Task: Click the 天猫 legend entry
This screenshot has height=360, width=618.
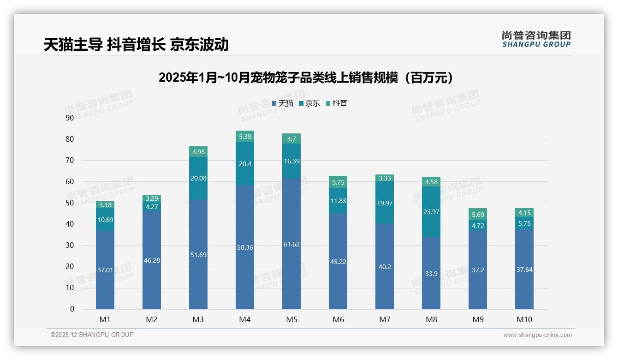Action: pos(283,103)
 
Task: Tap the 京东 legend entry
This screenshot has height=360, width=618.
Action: pos(309,103)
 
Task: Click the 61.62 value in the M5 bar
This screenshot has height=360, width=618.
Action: pos(291,244)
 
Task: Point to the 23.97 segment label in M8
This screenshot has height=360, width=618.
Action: pos(431,212)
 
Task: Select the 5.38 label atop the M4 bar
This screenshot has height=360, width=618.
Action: pos(245,137)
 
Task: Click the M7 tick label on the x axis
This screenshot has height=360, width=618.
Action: pos(385,319)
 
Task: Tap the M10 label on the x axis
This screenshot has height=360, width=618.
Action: pos(524,319)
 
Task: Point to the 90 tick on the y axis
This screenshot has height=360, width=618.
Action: pos(70,118)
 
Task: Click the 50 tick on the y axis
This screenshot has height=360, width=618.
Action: pos(70,203)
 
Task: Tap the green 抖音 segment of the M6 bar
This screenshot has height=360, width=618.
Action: pos(338,182)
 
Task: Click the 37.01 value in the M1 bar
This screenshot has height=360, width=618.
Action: pos(105,270)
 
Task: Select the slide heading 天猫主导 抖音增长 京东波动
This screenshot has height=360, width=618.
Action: pos(136,44)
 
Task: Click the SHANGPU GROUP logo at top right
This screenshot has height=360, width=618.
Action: pos(536,39)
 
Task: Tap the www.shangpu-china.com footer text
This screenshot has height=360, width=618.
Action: pos(537,335)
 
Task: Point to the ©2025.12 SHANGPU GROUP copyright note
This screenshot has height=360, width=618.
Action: pos(92,335)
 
